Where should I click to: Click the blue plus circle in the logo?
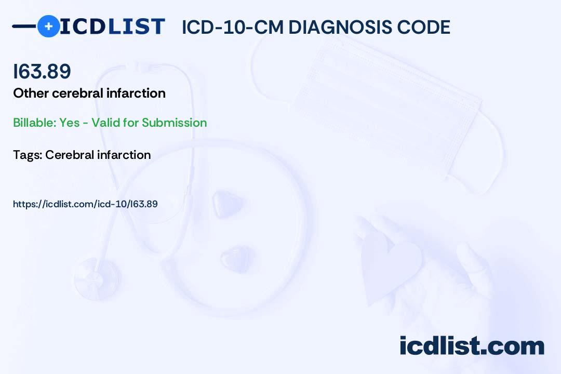[x=48, y=26]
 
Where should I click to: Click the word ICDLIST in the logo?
[x=112, y=26]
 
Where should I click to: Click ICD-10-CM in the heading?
[x=233, y=27]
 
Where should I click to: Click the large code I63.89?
[x=42, y=71]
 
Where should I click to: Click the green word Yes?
[x=70, y=123]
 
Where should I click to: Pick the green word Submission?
[x=174, y=123]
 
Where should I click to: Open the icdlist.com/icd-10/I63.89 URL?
[x=85, y=204]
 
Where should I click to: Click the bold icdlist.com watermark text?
[x=472, y=346]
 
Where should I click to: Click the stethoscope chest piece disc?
[x=97, y=278]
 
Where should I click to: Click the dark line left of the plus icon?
[x=24, y=26]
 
